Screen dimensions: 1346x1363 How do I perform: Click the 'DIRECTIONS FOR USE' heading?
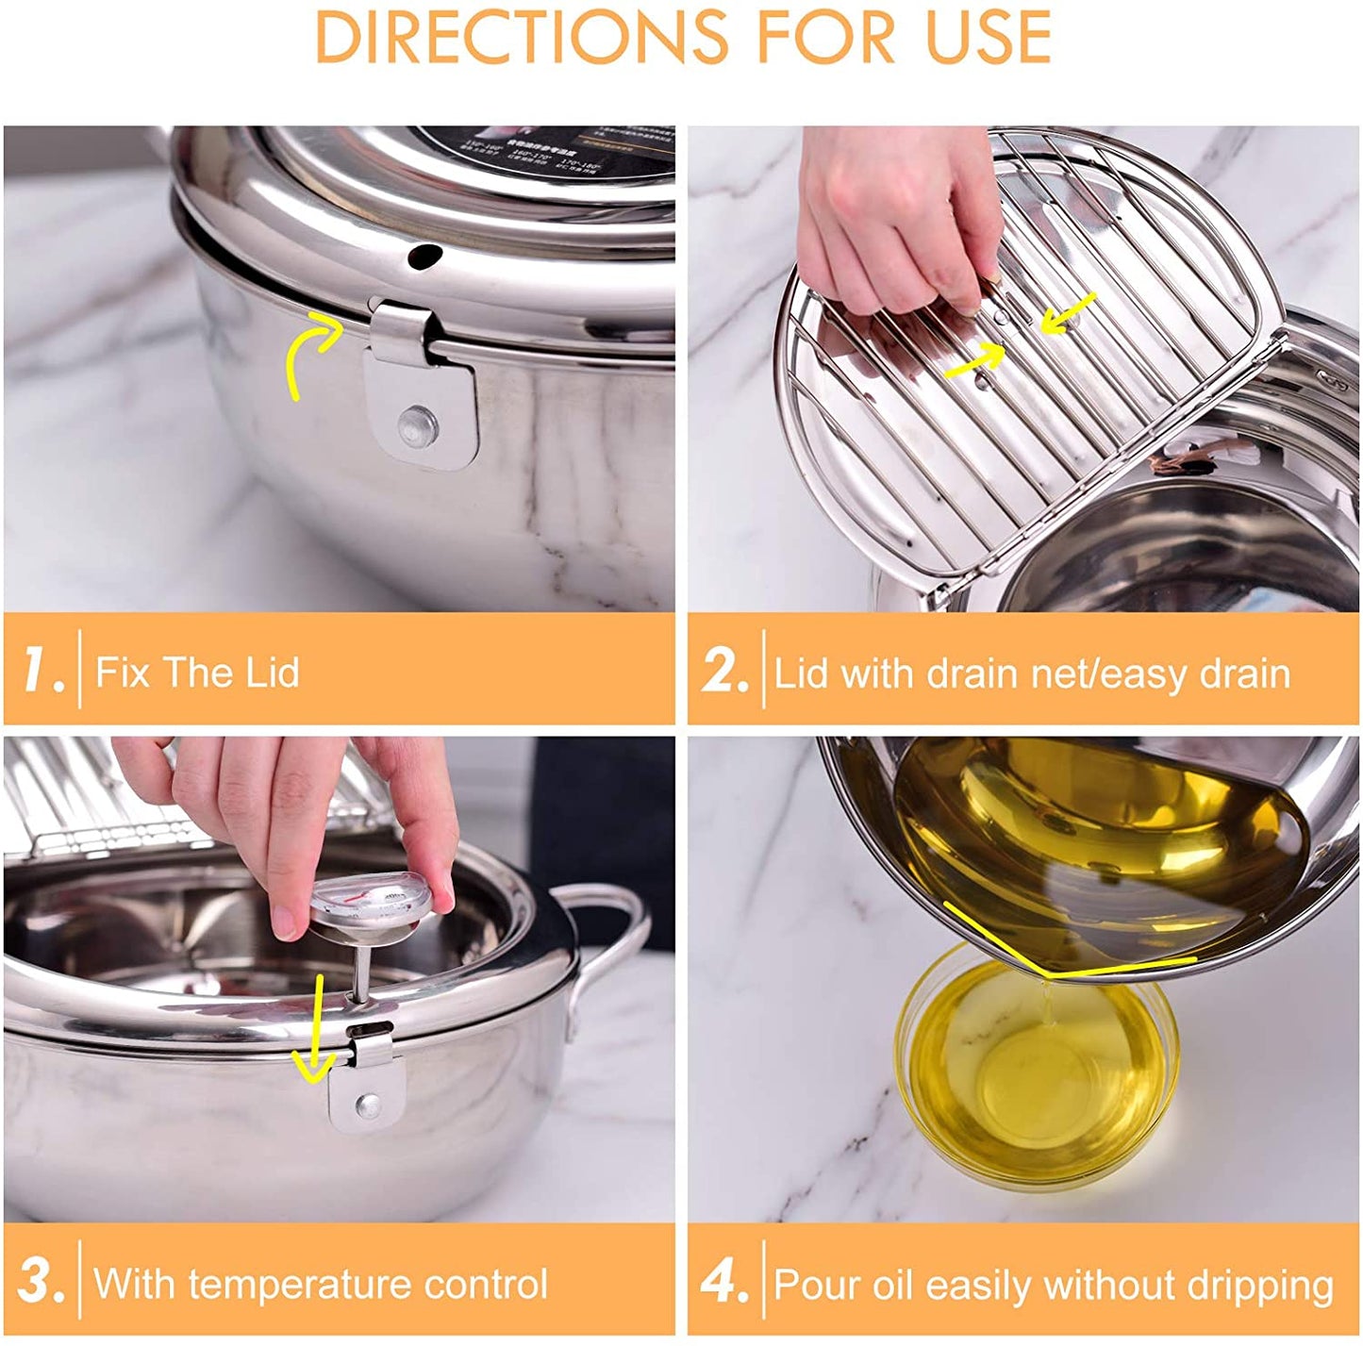(682, 38)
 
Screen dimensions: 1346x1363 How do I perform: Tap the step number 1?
(43, 671)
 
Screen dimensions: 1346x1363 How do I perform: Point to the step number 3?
(42, 1282)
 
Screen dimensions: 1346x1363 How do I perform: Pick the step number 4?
(724, 1282)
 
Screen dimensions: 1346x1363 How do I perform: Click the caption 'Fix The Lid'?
(197, 673)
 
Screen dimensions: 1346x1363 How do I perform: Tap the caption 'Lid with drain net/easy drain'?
(1031, 673)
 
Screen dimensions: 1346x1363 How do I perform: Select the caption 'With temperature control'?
(321, 1284)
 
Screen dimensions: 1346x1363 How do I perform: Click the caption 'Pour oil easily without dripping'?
(1054, 1285)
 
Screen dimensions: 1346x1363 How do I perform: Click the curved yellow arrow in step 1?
(311, 354)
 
